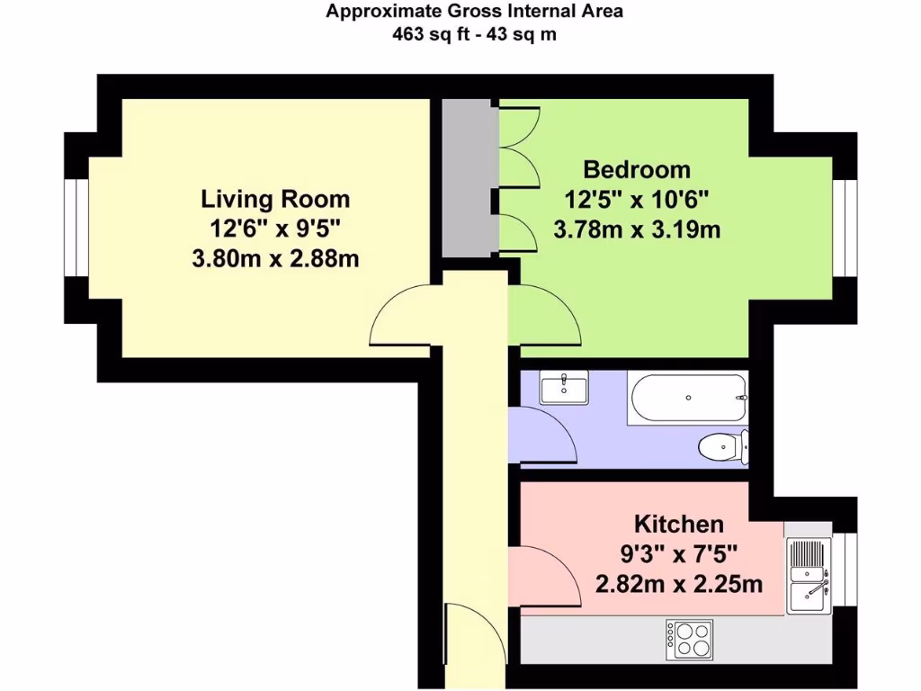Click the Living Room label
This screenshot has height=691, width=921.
click(x=275, y=199)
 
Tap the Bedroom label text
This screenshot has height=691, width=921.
click(x=637, y=169)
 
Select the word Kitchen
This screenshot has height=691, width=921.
click(x=679, y=524)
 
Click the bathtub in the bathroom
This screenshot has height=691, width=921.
click(x=688, y=398)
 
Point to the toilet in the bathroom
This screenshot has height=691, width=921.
click(x=724, y=447)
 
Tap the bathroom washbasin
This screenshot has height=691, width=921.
click(x=564, y=387)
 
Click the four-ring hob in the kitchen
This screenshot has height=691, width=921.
click(x=690, y=640)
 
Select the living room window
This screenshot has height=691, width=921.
click(x=76, y=228)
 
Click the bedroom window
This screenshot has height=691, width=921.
click(x=845, y=228)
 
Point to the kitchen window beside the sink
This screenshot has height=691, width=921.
click(x=844, y=569)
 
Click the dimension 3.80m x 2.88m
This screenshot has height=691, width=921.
click(x=275, y=258)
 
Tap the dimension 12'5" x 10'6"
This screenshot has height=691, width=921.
click(x=637, y=200)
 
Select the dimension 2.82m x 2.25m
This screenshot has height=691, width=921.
click(x=679, y=584)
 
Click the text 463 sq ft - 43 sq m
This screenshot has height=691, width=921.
click(x=474, y=35)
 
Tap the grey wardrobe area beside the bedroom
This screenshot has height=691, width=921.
click(x=468, y=178)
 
